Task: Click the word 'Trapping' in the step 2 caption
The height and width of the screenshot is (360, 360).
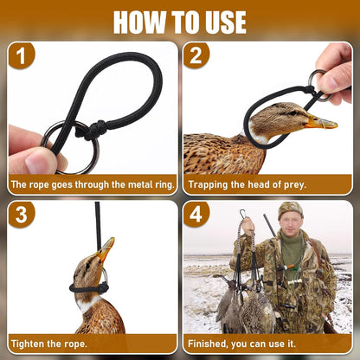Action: point(210,184)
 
